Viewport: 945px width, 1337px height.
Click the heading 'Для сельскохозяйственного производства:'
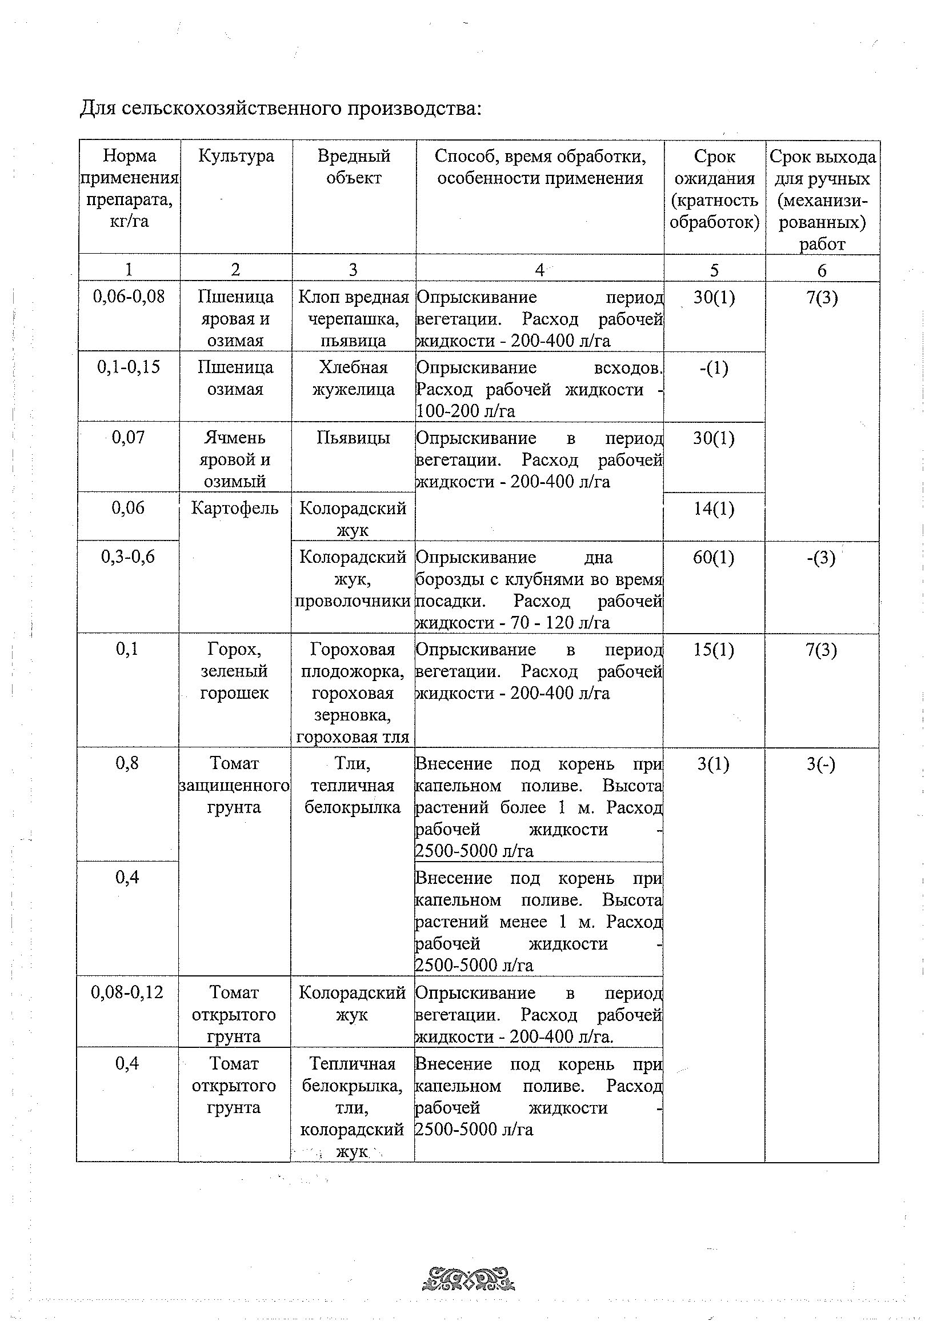coord(281,109)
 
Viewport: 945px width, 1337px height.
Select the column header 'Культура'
coord(236,156)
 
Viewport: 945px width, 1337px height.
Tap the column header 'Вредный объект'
coord(354,166)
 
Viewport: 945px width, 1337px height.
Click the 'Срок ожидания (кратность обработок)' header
coord(714,189)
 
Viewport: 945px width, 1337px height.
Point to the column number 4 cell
coord(539,270)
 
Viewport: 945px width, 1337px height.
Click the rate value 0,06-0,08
coord(129,297)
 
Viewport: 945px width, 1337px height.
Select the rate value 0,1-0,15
coord(129,367)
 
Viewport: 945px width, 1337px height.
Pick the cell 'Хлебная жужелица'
coord(354,378)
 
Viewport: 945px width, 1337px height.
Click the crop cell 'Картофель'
coord(235,509)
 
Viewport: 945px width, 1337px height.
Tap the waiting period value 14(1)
coord(714,509)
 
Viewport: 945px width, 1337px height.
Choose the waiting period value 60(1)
coord(714,558)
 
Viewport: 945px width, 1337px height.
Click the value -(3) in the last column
coord(821,558)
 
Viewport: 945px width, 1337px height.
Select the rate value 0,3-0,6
coord(128,557)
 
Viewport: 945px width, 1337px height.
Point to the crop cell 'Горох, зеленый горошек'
coord(235,671)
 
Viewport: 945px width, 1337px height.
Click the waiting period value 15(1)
coord(714,650)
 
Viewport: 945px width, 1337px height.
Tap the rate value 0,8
coord(127,763)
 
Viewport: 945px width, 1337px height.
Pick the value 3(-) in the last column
coord(821,764)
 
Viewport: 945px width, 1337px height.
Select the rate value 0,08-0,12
coord(127,992)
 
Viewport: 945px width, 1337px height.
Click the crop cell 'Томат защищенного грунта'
coord(234,785)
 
